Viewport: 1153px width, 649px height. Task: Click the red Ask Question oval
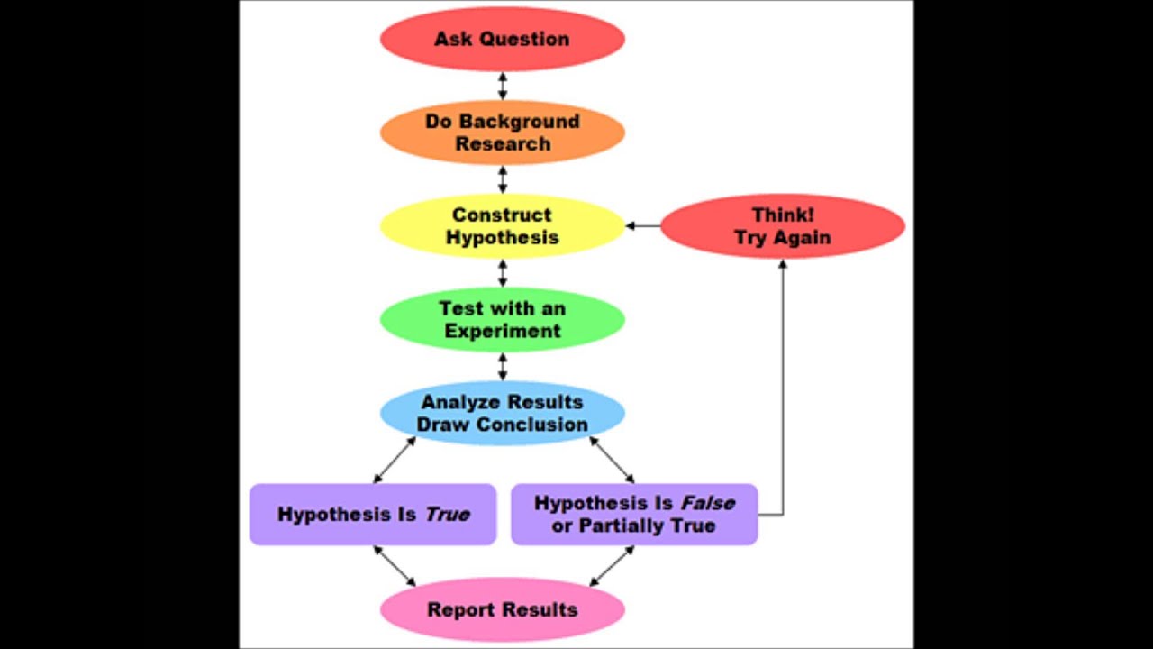(x=502, y=39)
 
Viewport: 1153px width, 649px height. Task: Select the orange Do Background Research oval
(x=502, y=133)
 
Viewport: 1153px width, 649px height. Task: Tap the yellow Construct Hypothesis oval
(x=502, y=226)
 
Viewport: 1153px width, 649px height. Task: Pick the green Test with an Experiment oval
(x=502, y=320)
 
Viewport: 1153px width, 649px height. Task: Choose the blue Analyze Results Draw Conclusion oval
(x=502, y=413)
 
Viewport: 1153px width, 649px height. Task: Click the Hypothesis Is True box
(x=372, y=515)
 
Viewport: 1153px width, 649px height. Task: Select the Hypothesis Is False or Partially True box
(x=633, y=515)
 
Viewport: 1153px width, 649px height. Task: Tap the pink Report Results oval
(x=502, y=609)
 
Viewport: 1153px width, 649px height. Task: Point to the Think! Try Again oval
(x=782, y=226)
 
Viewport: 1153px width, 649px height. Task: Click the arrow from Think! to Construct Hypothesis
(x=642, y=225)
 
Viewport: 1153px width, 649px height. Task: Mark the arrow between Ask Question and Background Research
(x=503, y=86)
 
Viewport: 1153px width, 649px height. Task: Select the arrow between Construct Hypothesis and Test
(x=503, y=273)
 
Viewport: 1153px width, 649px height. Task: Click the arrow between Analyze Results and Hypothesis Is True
(x=395, y=461)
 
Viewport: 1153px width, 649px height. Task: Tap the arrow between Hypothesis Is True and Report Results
(x=395, y=566)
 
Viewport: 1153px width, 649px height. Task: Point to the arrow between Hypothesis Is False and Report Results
(x=613, y=566)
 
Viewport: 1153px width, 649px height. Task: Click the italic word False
(x=707, y=503)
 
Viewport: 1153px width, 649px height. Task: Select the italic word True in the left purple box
(x=447, y=515)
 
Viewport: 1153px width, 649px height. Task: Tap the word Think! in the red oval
(x=782, y=215)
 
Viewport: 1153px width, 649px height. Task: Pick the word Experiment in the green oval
(x=502, y=331)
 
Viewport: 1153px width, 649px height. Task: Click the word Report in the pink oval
(x=458, y=610)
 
